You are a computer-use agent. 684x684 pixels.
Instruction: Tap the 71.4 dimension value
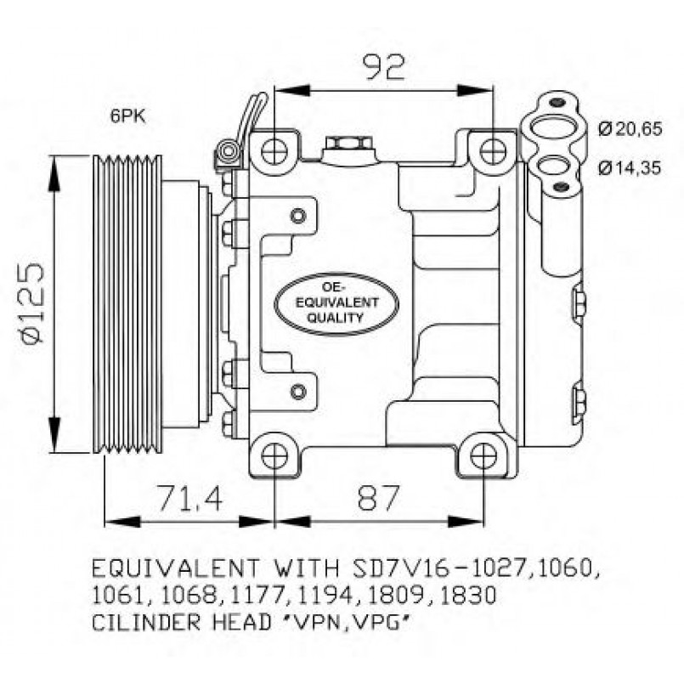pyautogui.click(x=188, y=499)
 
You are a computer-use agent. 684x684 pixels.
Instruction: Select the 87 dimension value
pyautogui.click(x=378, y=499)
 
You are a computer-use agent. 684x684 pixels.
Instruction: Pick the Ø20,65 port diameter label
pyautogui.click(x=629, y=129)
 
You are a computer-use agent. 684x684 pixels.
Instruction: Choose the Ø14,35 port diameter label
pyautogui.click(x=629, y=167)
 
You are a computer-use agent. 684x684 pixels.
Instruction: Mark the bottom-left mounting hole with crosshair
pyautogui.click(x=274, y=456)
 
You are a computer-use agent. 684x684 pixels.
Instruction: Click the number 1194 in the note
pyautogui.click(x=327, y=596)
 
